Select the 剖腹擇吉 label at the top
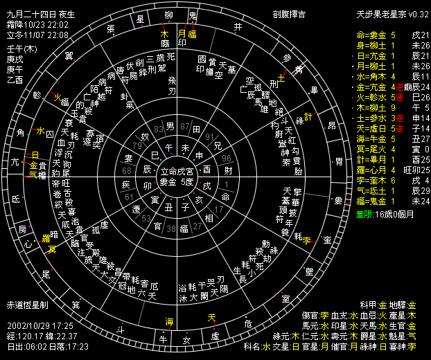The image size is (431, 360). click(x=290, y=14)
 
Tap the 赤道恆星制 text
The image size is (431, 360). click(x=28, y=305)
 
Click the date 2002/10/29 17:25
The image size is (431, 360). click(x=41, y=324)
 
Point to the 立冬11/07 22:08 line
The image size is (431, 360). click(x=37, y=33)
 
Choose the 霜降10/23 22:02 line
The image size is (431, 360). click(x=37, y=24)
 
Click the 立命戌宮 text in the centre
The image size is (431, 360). click(x=177, y=170)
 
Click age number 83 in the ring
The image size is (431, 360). click(x=159, y=129)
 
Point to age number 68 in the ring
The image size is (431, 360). click(x=127, y=170)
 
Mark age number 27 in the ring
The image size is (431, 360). click(x=198, y=226)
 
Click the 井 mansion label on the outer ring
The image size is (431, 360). click(x=238, y=27)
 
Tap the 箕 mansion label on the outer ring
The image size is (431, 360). click(x=76, y=304)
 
